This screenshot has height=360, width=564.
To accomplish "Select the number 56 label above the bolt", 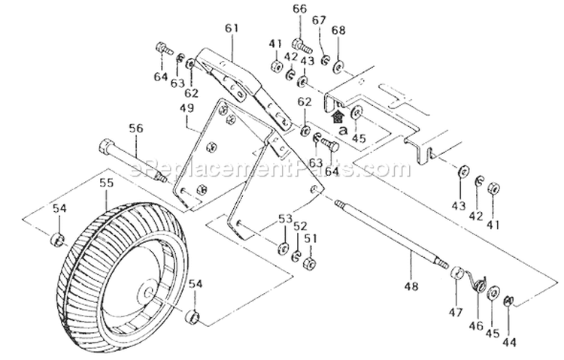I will tap(135, 129).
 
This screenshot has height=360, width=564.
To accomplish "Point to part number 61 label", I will tap(231, 29).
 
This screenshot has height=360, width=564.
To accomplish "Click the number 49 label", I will tap(186, 109).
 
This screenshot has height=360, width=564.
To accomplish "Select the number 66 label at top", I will tap(299, 9).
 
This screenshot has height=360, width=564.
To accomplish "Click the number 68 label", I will tap(338, 30).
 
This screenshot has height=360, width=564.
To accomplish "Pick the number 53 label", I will tap(285, 218).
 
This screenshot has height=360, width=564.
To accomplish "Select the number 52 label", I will tap(301, 225).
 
